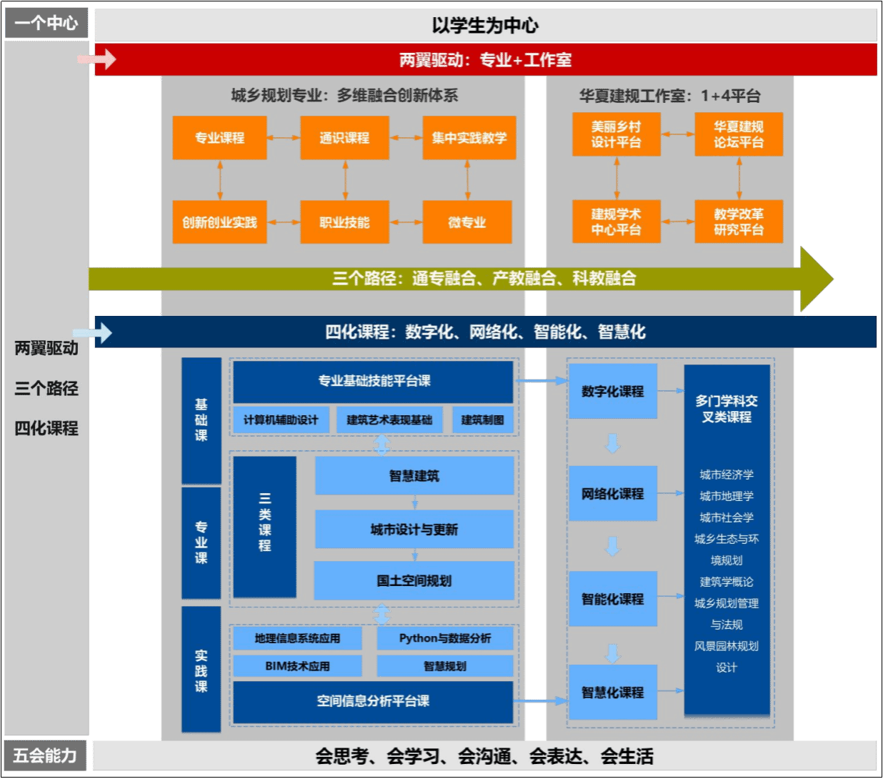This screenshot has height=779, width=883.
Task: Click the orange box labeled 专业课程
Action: coord(219,138)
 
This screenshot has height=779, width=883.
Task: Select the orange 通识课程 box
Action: coord(344,138)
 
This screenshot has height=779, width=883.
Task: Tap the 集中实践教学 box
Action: coord(469,138)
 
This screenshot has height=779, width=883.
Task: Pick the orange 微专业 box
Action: coord(467,222)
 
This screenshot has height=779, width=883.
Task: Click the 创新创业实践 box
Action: coord(219,222)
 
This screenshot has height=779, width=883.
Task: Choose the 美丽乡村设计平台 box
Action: coord(616,134)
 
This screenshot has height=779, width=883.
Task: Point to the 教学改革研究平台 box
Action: coord(739,222)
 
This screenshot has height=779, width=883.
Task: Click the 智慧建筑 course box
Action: coord(414,476)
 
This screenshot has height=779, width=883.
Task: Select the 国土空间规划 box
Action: coord(414,580)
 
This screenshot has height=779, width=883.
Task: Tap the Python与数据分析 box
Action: coord(444,638)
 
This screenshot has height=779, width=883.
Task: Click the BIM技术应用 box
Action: coord(297,666)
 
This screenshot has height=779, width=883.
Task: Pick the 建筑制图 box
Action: coord(482,420)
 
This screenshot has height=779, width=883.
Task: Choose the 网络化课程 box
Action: coord(612,494)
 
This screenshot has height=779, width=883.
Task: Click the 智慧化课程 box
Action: coord(612,692)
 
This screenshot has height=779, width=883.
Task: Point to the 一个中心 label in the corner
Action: coord(46,24)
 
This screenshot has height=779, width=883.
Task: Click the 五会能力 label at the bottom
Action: coord(45,755)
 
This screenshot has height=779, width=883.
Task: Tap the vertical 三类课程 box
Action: coord(264,527)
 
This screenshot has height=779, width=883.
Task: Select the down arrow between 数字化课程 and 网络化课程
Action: coord(612,443)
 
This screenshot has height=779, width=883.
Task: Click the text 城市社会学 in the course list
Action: coord(727,517)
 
